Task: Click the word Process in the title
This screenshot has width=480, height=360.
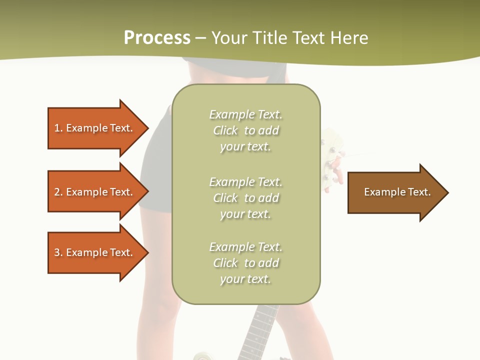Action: coord(157,38)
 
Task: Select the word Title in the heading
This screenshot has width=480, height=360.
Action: coord(270,38)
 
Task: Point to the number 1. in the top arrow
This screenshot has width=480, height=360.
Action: coord(58,128)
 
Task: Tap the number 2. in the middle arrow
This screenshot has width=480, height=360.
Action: coord(58,192)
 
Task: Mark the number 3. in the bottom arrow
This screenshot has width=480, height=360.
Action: coord(58,252)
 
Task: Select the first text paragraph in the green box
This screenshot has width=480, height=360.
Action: coord(245,130)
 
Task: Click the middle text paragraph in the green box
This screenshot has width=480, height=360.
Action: coord(245,198)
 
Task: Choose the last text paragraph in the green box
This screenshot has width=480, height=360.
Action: coord(245,263)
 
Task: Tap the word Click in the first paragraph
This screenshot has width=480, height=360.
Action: coord(225,130)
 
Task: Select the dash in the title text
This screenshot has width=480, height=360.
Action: coord(200,38)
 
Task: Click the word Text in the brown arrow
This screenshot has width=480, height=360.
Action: coord(419,192)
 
